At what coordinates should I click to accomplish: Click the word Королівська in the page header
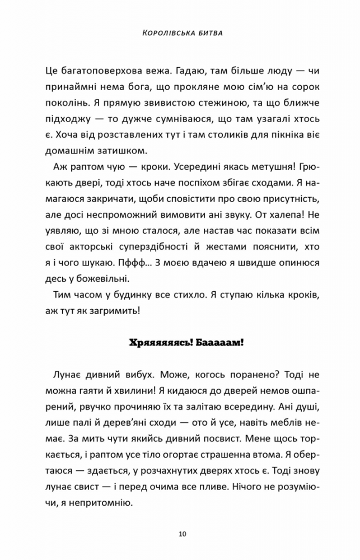coord(163,34)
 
